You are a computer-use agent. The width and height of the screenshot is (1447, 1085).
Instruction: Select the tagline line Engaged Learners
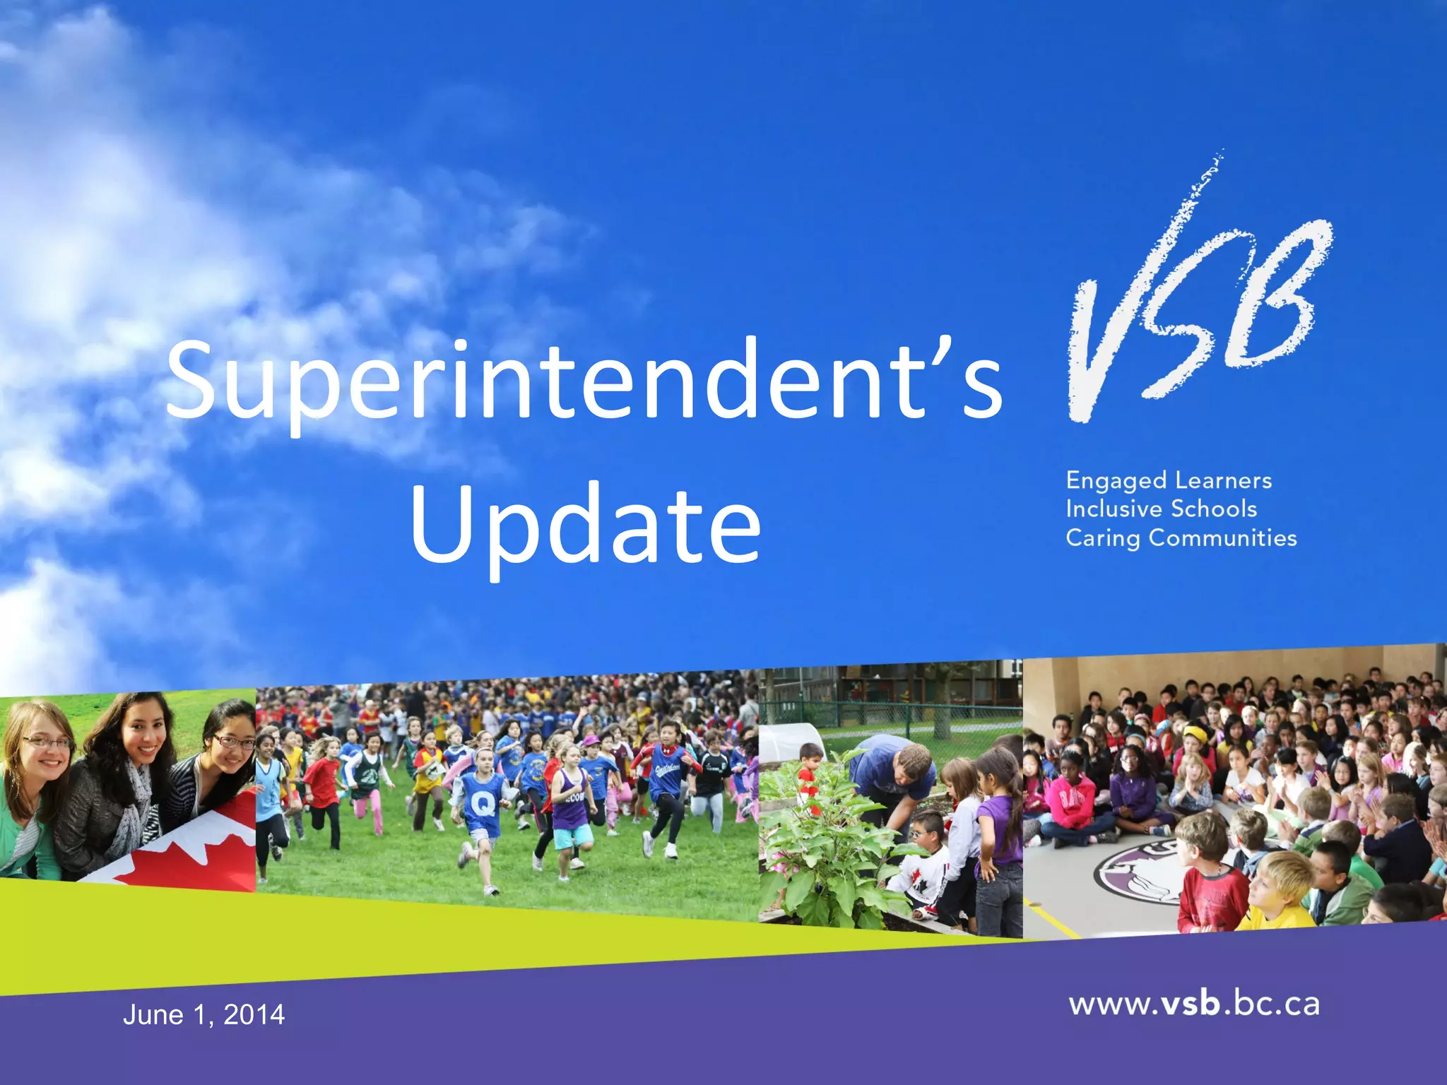pos(1169,480)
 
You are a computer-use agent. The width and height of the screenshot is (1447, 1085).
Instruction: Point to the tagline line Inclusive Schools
pos(1161,509)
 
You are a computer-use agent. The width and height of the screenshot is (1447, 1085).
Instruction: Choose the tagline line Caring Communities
pos(1181,538)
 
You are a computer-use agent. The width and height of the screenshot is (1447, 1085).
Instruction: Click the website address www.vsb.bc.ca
pos(1194,1004)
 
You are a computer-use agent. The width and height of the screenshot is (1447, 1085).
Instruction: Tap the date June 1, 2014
pos(203,1015)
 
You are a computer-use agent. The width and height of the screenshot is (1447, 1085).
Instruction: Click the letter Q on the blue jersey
pos(483,802)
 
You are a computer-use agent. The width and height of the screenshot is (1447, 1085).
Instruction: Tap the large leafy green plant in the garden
pos(827,848)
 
